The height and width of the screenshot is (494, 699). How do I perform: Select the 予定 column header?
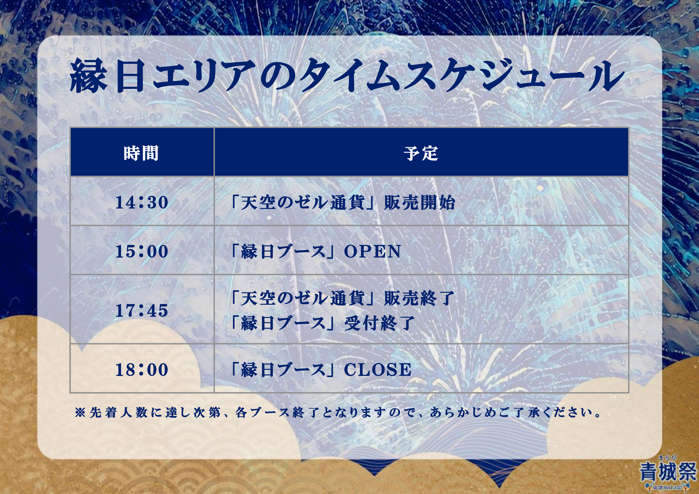(x=421, y=153)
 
